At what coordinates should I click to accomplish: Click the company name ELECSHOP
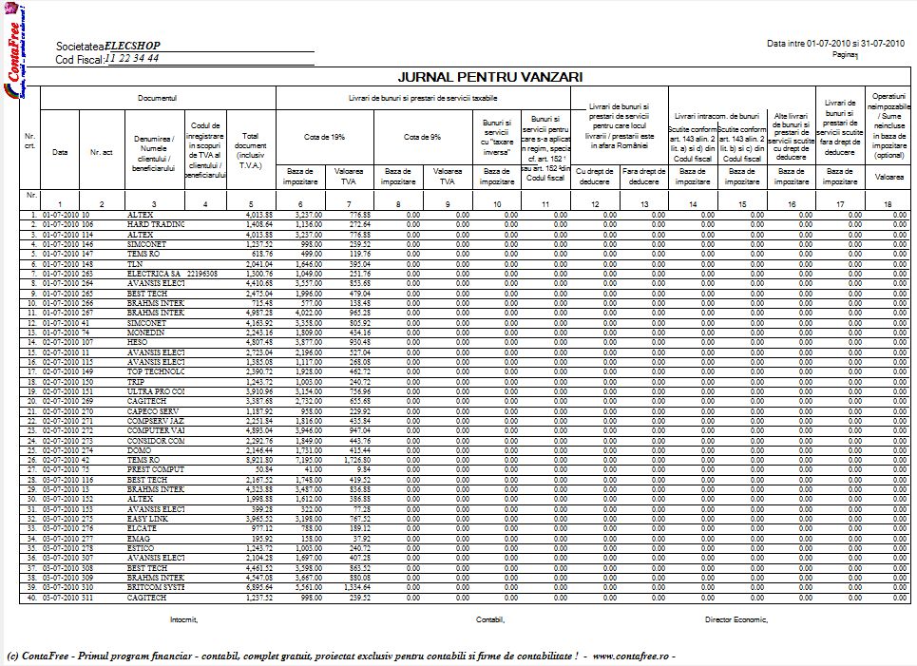pos(132,46)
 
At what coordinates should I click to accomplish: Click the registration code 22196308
pos(202,274)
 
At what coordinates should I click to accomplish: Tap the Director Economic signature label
pos(735,618)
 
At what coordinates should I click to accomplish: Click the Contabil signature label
pos(490,618)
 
